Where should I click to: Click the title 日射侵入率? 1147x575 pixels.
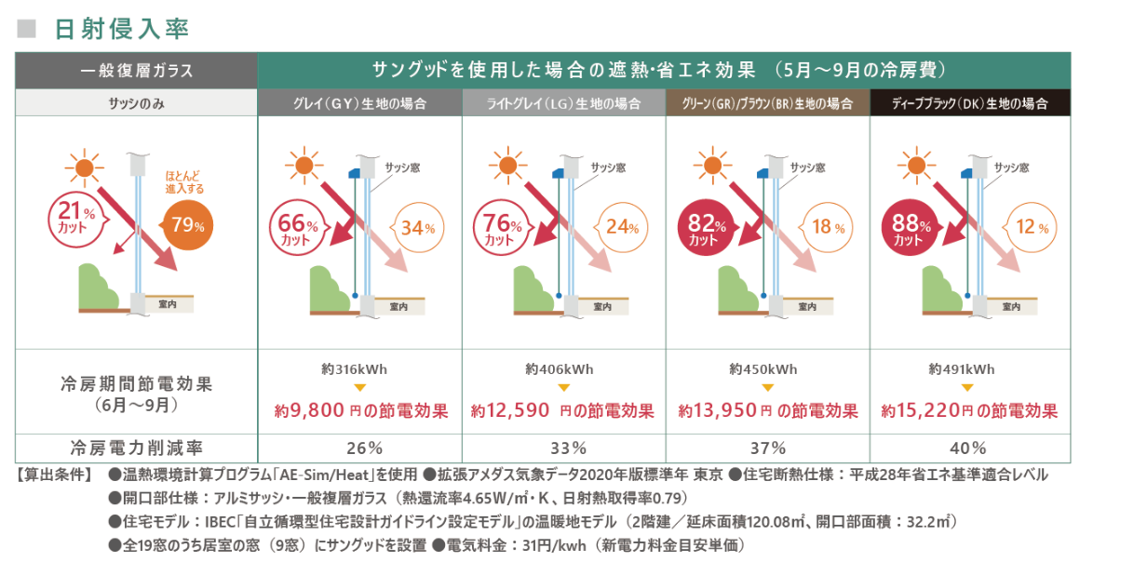[122, 29]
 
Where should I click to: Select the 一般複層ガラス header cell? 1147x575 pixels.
[136, 71]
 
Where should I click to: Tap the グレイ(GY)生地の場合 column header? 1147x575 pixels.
[359, 103]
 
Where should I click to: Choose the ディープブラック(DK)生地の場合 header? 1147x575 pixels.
[970, 103]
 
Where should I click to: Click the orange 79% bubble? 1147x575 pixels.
[187, 224]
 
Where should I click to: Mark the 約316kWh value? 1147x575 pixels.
[359, 369]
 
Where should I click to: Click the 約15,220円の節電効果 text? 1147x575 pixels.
[969, 410]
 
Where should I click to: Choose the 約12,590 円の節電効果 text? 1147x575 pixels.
[563, 410]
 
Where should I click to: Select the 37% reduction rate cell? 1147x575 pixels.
[767, 448]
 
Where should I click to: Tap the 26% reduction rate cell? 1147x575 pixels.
[359, 448]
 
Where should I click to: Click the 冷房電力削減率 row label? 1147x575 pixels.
[136, 448]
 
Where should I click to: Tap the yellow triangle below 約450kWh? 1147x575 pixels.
[767, 388]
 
